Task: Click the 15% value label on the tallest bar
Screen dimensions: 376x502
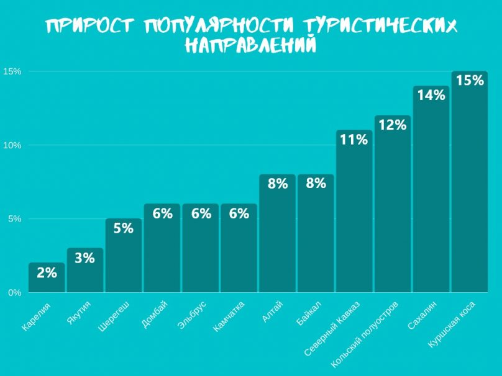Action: point(469,80)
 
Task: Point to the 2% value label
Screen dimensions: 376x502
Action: point(47,272)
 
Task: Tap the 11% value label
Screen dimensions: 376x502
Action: point(354,140)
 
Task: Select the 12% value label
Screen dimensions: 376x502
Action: point(392,125)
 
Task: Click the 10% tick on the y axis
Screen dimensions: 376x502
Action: point(13,145)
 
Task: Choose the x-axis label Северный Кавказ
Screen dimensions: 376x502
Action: point(329,329)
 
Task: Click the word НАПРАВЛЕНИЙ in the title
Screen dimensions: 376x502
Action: point(250,45)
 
